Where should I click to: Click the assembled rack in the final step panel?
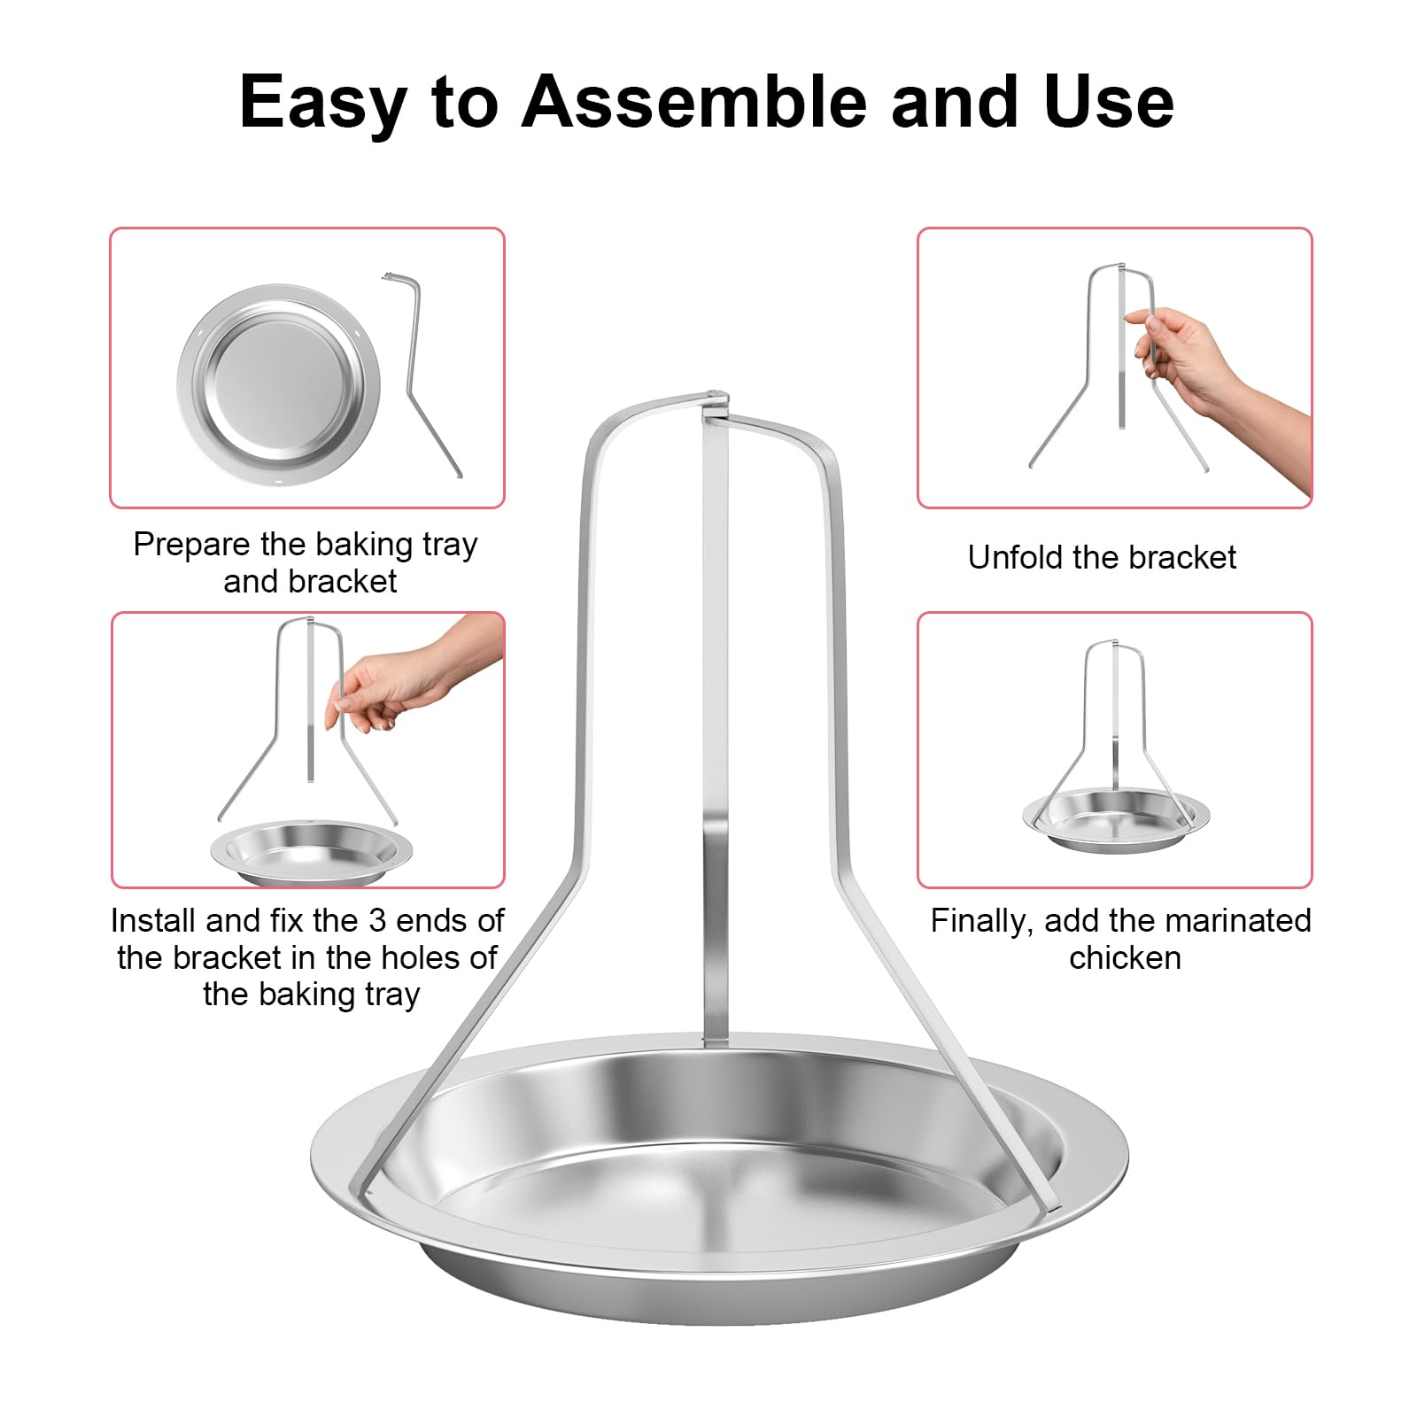click(x=1115, y=762)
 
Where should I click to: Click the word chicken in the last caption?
click(x=1125, y=957)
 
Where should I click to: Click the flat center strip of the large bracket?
click(x=715, y=708)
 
